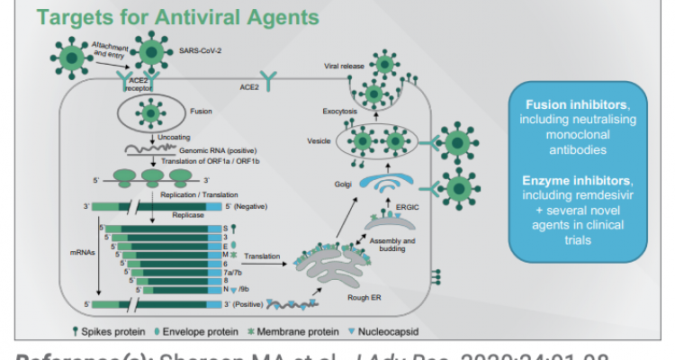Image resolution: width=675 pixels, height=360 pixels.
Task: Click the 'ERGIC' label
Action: tap(410, 206)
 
